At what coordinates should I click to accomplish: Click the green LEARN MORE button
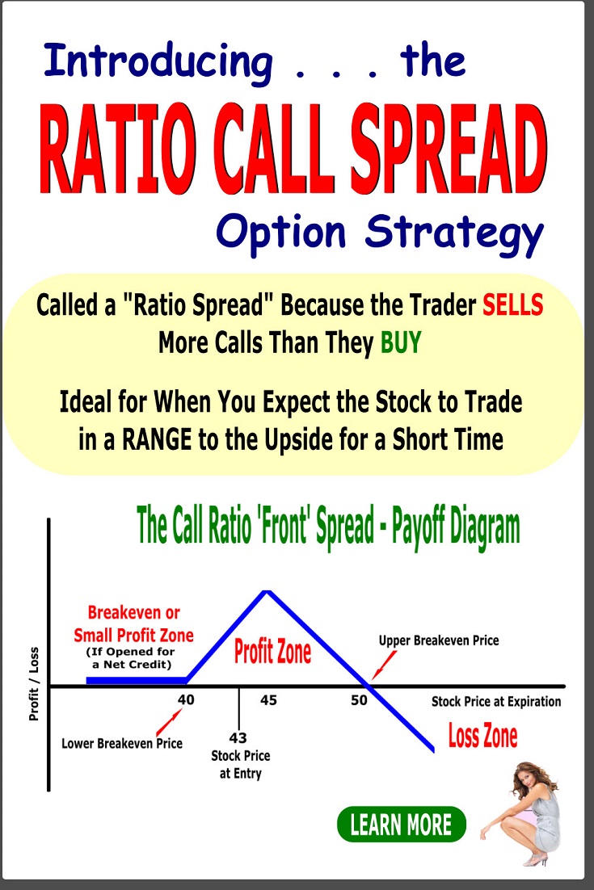click(x=401, y=825)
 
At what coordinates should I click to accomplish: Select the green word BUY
click(x=401, y=343)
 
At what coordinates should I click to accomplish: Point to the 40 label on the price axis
click(x=187, y=700)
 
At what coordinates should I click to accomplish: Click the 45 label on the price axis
click(x=268, y=700)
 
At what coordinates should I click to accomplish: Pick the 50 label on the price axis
click(x=359, y=700)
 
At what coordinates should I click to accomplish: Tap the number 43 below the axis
click(x=238, y=738)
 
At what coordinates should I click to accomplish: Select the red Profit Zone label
click(x=272, y=652)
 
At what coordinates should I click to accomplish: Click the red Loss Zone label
click(x=482, y=737)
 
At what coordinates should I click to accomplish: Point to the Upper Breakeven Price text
click(x=439, y=640)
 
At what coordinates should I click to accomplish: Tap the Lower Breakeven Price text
click(x=122, y=743)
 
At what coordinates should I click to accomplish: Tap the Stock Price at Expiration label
click(x=496, y=701)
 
